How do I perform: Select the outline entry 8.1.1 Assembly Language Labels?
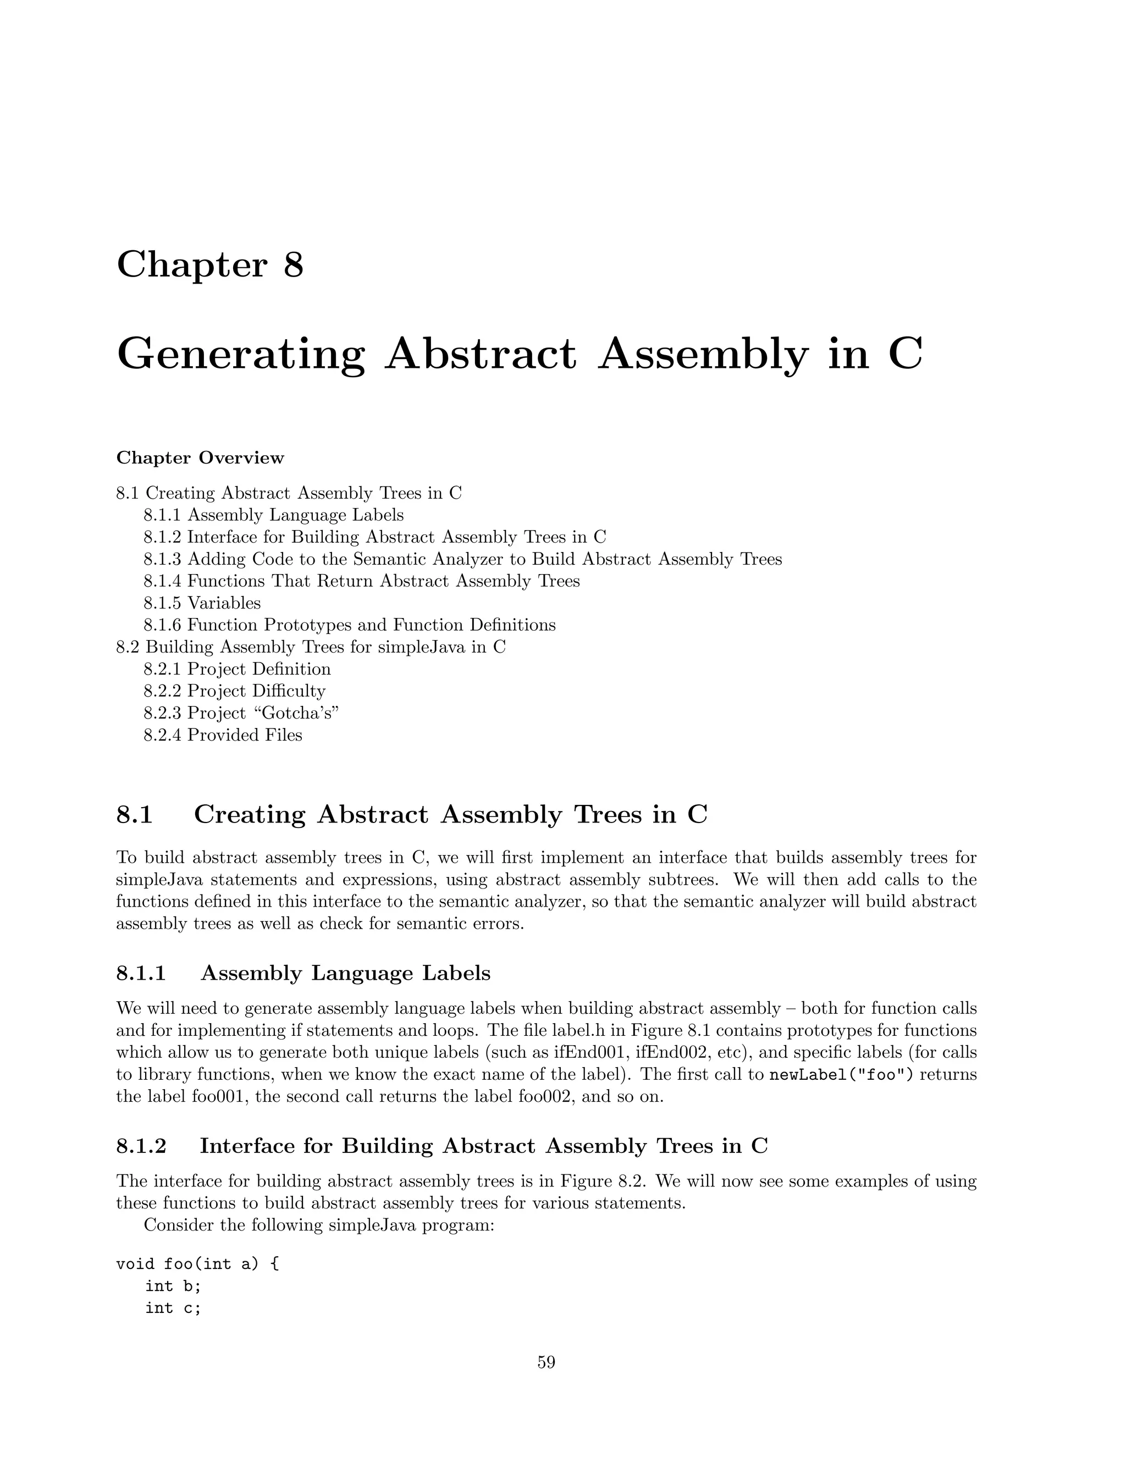[273, 515]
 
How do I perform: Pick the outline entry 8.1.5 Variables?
[202, 603]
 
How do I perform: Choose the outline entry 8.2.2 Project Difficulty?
[234, 691]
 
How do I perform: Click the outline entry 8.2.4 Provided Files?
[223, 735]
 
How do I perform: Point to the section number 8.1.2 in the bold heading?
[141, 1146]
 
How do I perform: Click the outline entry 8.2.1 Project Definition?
[237, 669]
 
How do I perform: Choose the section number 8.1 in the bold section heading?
[135, 815]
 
